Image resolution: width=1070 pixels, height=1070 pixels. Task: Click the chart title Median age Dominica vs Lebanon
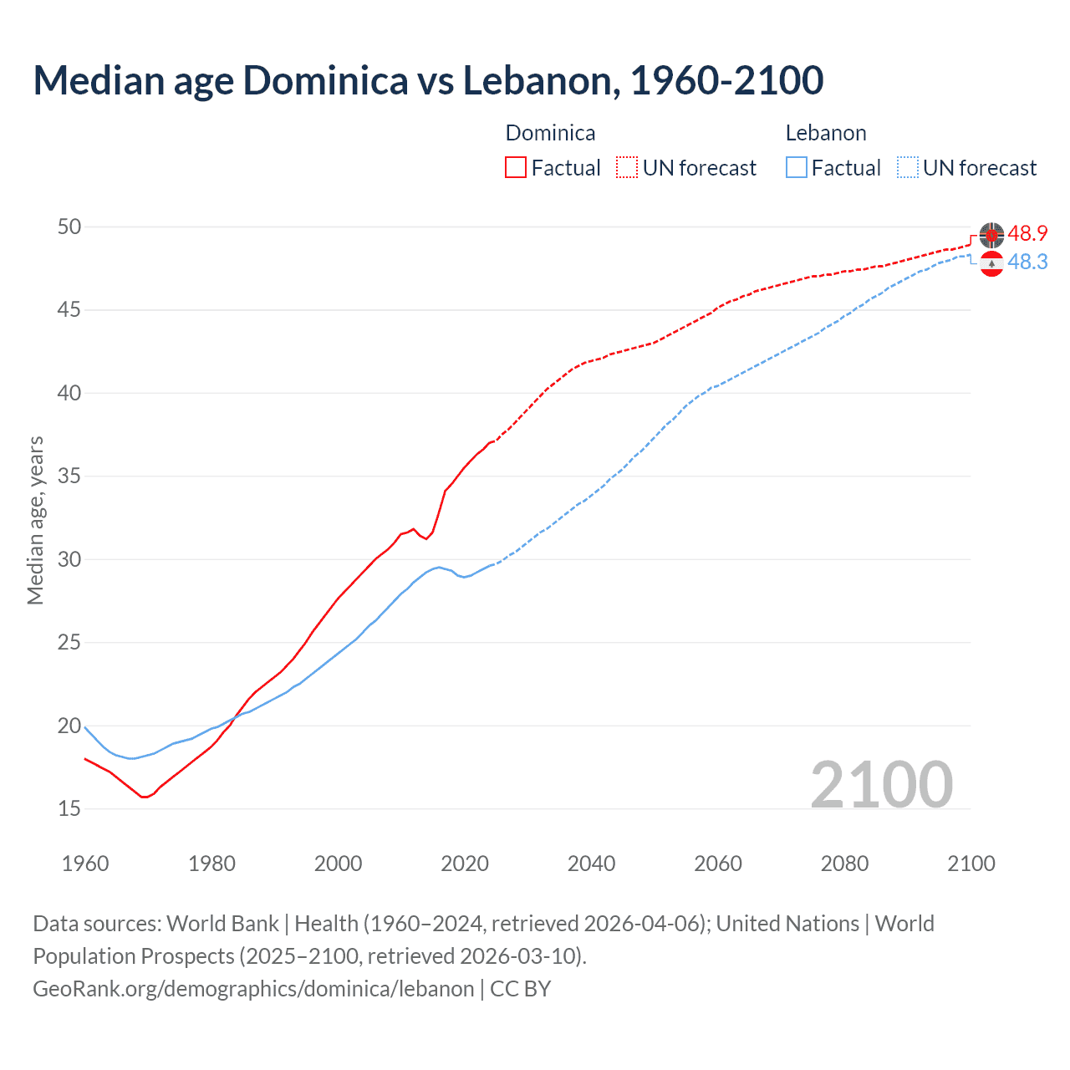[x=428, y=80]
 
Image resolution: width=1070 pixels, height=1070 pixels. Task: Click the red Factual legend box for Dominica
[x=516, y=167]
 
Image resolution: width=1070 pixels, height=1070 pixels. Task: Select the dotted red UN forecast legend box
[x=627, y=167]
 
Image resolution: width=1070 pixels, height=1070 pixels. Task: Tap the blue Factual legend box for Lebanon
[x=797, y=167]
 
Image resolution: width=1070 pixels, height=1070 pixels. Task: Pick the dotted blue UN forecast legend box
[x=908, y=167]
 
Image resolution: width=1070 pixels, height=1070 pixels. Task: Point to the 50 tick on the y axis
[x=70, y=227]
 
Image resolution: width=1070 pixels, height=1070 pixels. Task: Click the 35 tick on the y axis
[x=70, y=476]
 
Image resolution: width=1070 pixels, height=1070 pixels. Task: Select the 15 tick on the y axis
[x=70, y=808]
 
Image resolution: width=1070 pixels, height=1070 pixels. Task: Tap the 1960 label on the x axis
[x=85, y=864]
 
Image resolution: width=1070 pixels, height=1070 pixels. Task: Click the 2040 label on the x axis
[x=591, y=864]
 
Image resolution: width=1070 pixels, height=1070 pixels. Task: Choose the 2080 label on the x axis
[x=844, y=864]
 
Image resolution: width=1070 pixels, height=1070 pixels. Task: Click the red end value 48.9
[x=1027, y=233]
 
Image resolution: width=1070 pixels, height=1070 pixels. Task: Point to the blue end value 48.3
[x=1027, y=262]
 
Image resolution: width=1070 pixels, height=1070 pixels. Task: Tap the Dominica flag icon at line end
[x=991, y=236]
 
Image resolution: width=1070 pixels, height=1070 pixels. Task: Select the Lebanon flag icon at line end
[x=991, y=263]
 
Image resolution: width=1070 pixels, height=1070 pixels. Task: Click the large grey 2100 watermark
[x=881, y=784]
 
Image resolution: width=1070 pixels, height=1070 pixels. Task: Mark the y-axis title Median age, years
[x=35, y=520]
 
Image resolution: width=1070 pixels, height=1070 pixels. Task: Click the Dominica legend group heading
[x=550, y=133]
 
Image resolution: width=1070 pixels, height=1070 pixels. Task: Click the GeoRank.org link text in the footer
[x=253, y=988]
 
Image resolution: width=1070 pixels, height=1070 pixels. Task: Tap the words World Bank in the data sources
[x=222, y=923]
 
